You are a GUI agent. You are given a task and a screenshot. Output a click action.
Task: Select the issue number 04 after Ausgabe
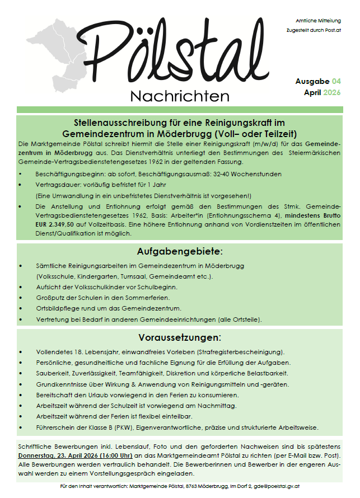pyautogui.click(x=335, y=81)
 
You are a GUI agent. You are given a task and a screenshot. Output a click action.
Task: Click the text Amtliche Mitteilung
pyautogui.click(x=317, y=20)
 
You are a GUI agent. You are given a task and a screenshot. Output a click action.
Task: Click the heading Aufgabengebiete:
pyautogui.click(x=180, y=251)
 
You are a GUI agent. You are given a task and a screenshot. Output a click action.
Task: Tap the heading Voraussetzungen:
pyautogui.click(x=180, y=337)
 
